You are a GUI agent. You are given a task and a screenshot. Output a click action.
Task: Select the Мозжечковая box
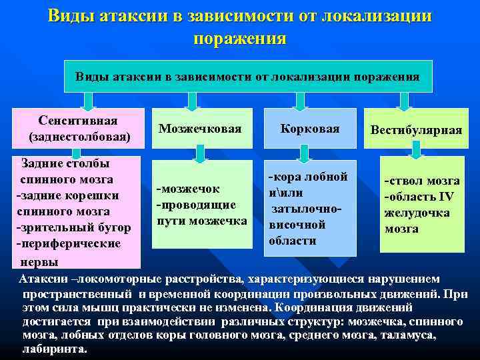coord(200,128)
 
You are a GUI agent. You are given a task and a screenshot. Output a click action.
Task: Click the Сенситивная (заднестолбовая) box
coord(79,129)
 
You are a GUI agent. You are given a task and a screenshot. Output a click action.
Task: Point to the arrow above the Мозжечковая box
coord(192,100)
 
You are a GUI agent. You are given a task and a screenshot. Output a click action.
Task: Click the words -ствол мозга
coord(421,181)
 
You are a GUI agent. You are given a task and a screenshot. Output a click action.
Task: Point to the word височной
coord(297,225)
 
